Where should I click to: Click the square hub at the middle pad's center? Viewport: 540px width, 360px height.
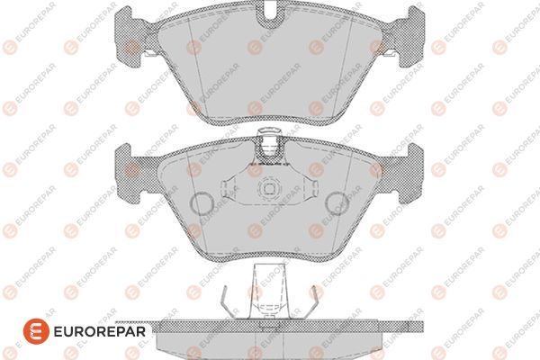coord(269,189)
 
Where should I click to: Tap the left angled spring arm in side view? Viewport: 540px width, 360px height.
coord(228,301)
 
